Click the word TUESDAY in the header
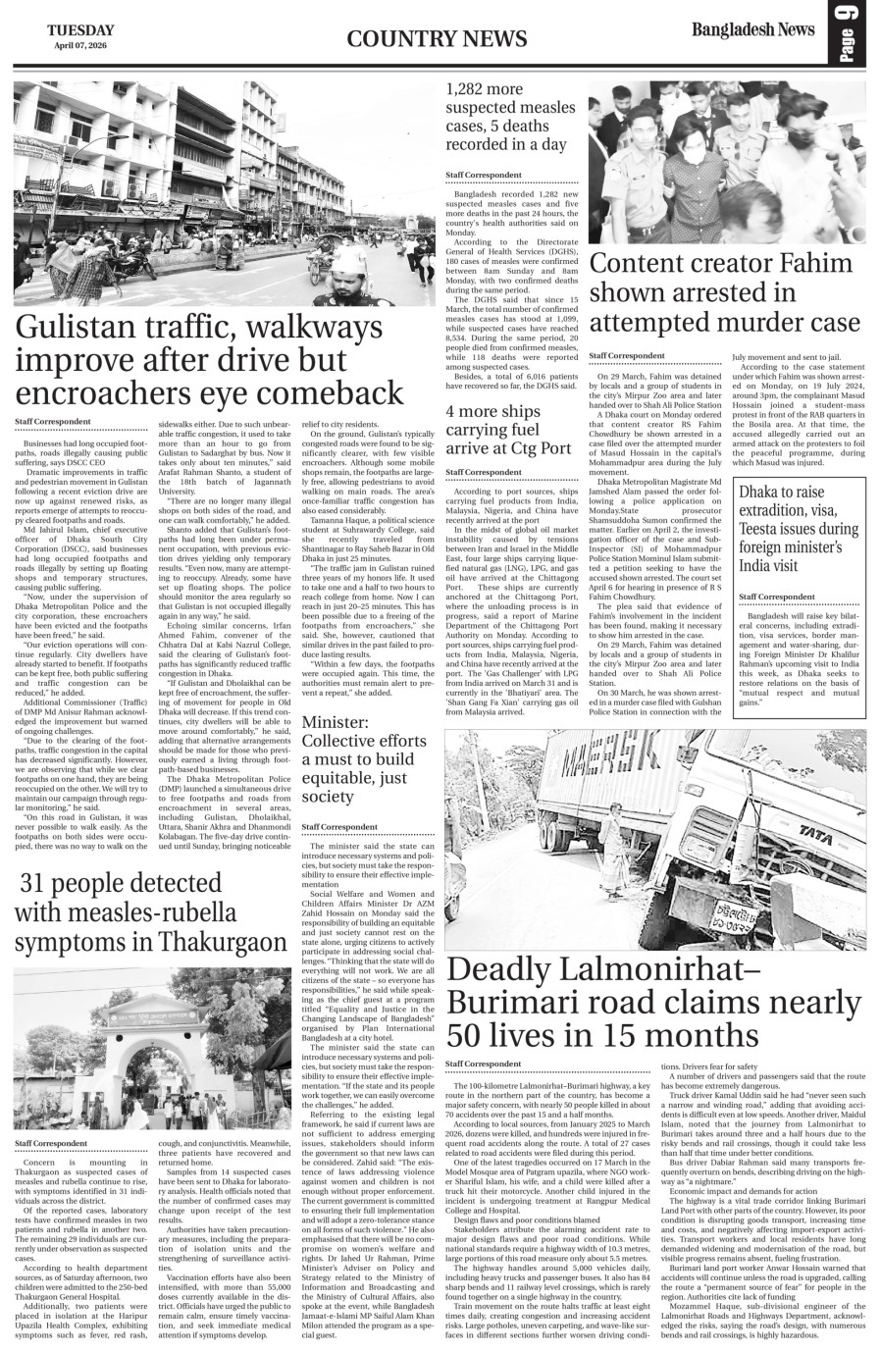pos(79,30)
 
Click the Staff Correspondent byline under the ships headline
pos(484,473)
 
